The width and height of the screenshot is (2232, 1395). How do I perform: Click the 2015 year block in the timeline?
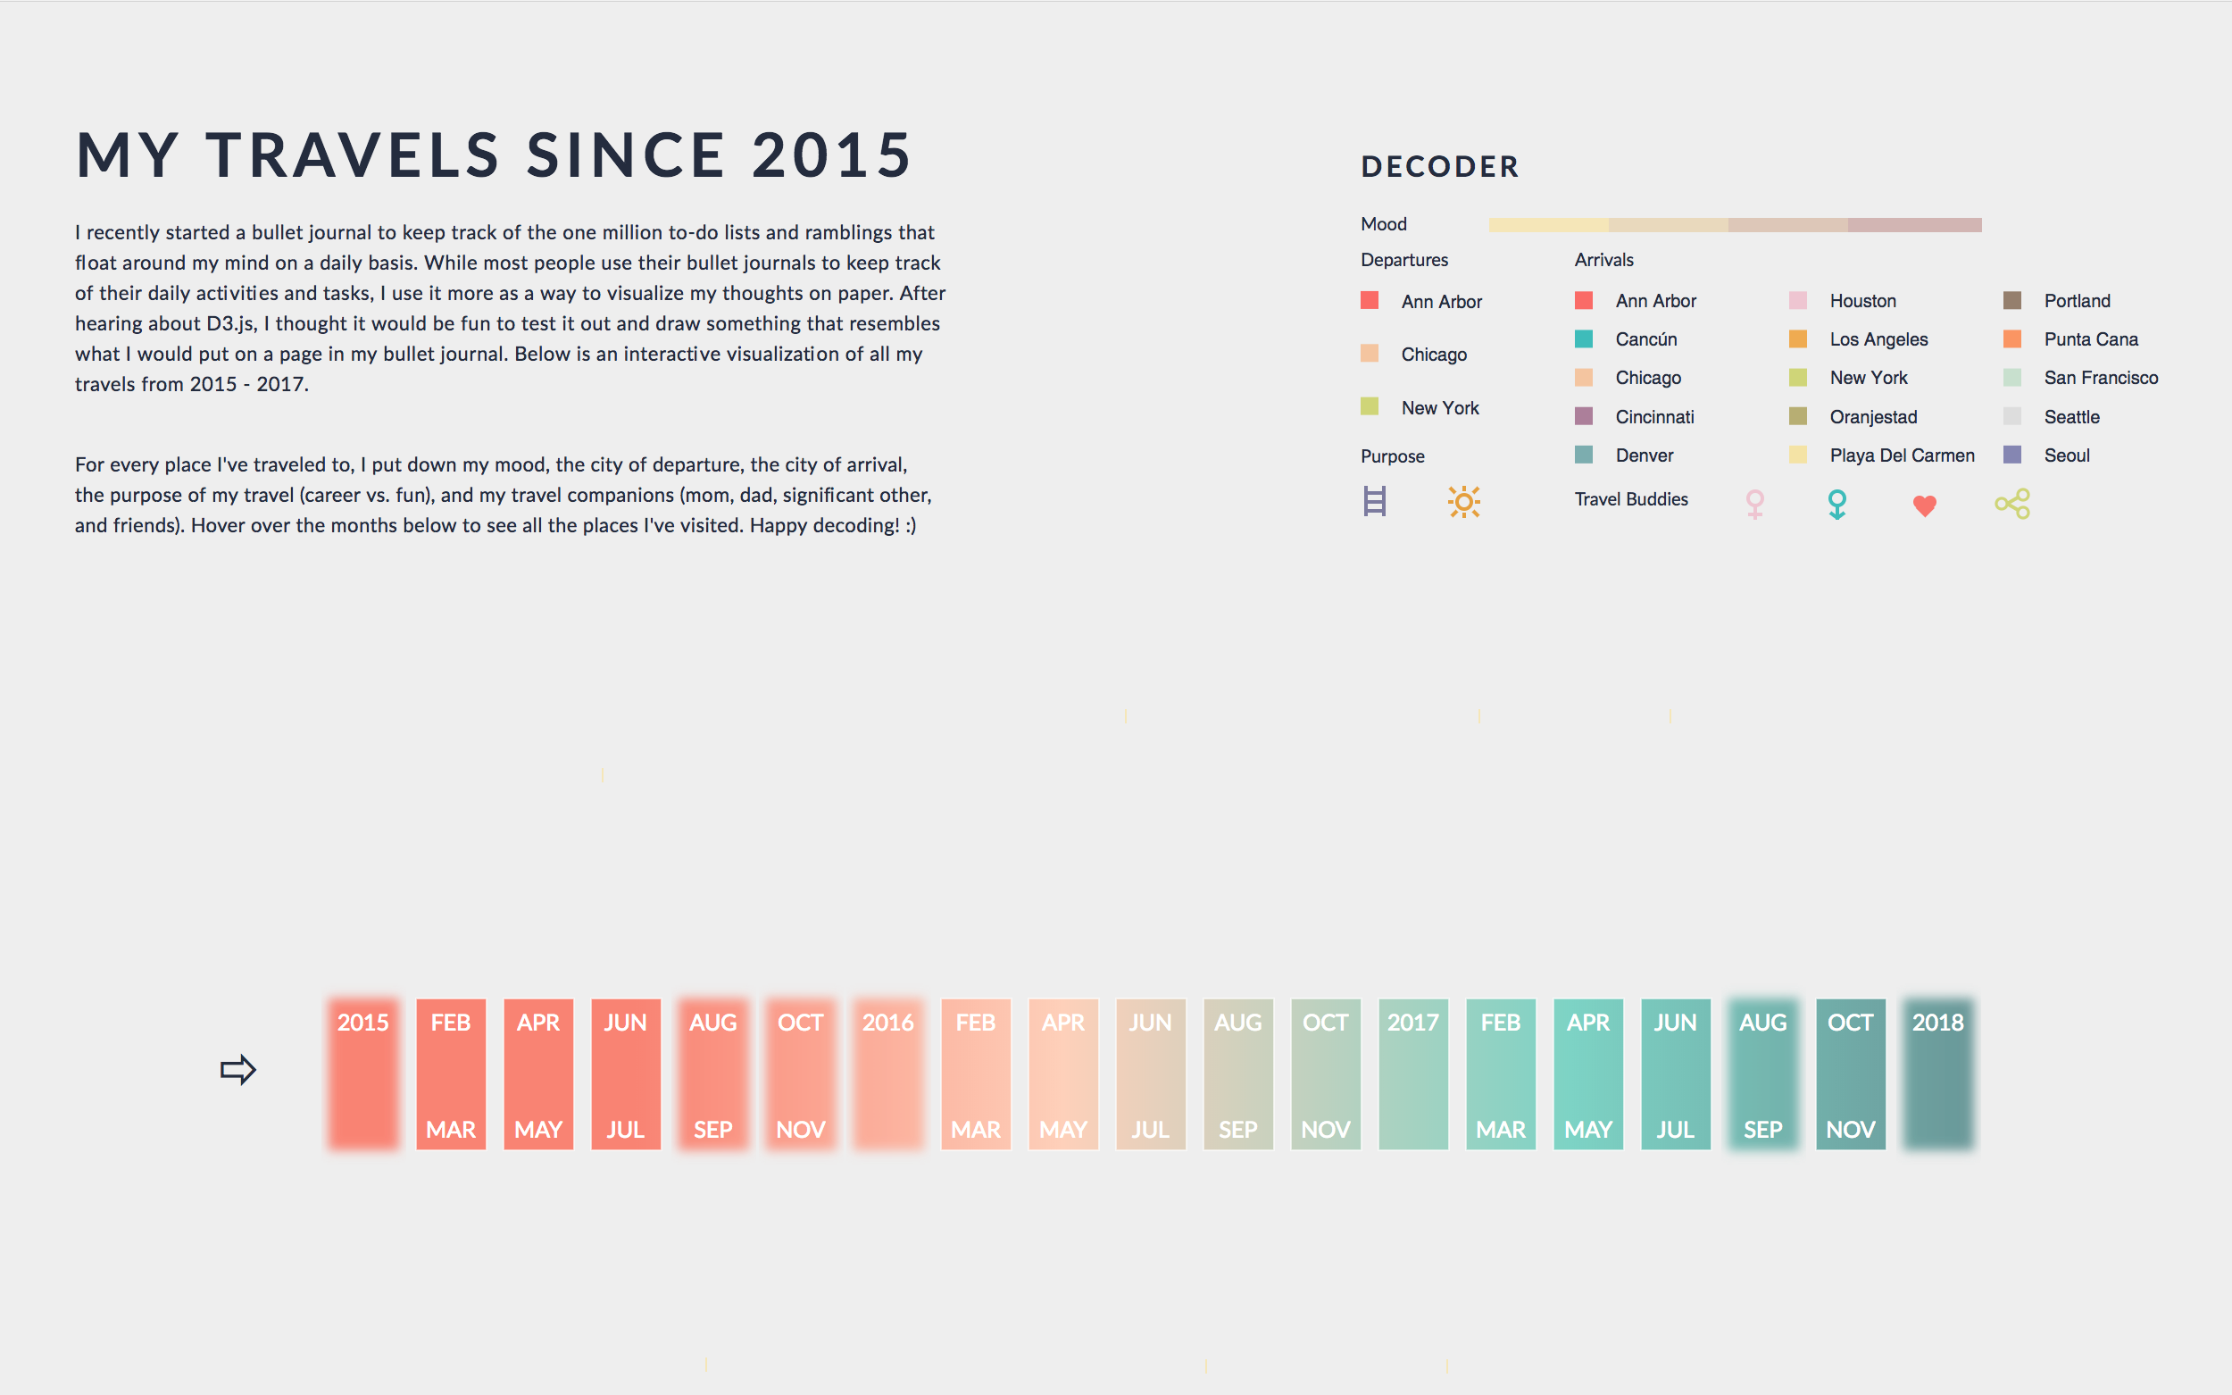[x=362, y=1073]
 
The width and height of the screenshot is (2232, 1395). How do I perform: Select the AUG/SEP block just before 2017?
[x=1237, y=1073]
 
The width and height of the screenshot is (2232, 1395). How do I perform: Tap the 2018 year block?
[x=1937, y=1073]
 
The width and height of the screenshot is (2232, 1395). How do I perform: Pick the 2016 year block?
[x=887, y=1073]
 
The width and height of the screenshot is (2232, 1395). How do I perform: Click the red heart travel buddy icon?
[x=1924, y=505]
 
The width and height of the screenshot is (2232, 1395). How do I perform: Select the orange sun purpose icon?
[x=1463, y=502]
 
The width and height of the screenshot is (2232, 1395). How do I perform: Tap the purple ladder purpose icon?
[x=1374, y=502]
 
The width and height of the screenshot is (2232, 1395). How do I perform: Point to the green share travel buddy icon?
[x=2012, y=504]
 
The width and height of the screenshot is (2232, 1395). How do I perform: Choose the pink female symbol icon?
[x=1754, y=504]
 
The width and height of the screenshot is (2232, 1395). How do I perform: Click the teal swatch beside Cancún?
[x=1584, y=338]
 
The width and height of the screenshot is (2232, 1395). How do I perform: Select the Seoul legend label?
[x=2066, y=455]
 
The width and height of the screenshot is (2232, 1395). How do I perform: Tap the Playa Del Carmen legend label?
[x=1902, y=455]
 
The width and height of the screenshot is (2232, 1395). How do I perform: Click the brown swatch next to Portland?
[x=2012, y=301]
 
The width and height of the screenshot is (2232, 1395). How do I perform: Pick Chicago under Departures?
[x=1433, y=355]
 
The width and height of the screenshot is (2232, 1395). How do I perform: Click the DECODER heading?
[x=1440, y=167]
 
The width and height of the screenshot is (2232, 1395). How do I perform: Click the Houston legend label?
[x=1862, y=301]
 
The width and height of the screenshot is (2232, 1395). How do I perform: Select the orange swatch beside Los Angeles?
[x=1797, y=338]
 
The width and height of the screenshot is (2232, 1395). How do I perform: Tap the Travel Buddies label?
[x=1630, y=499]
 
